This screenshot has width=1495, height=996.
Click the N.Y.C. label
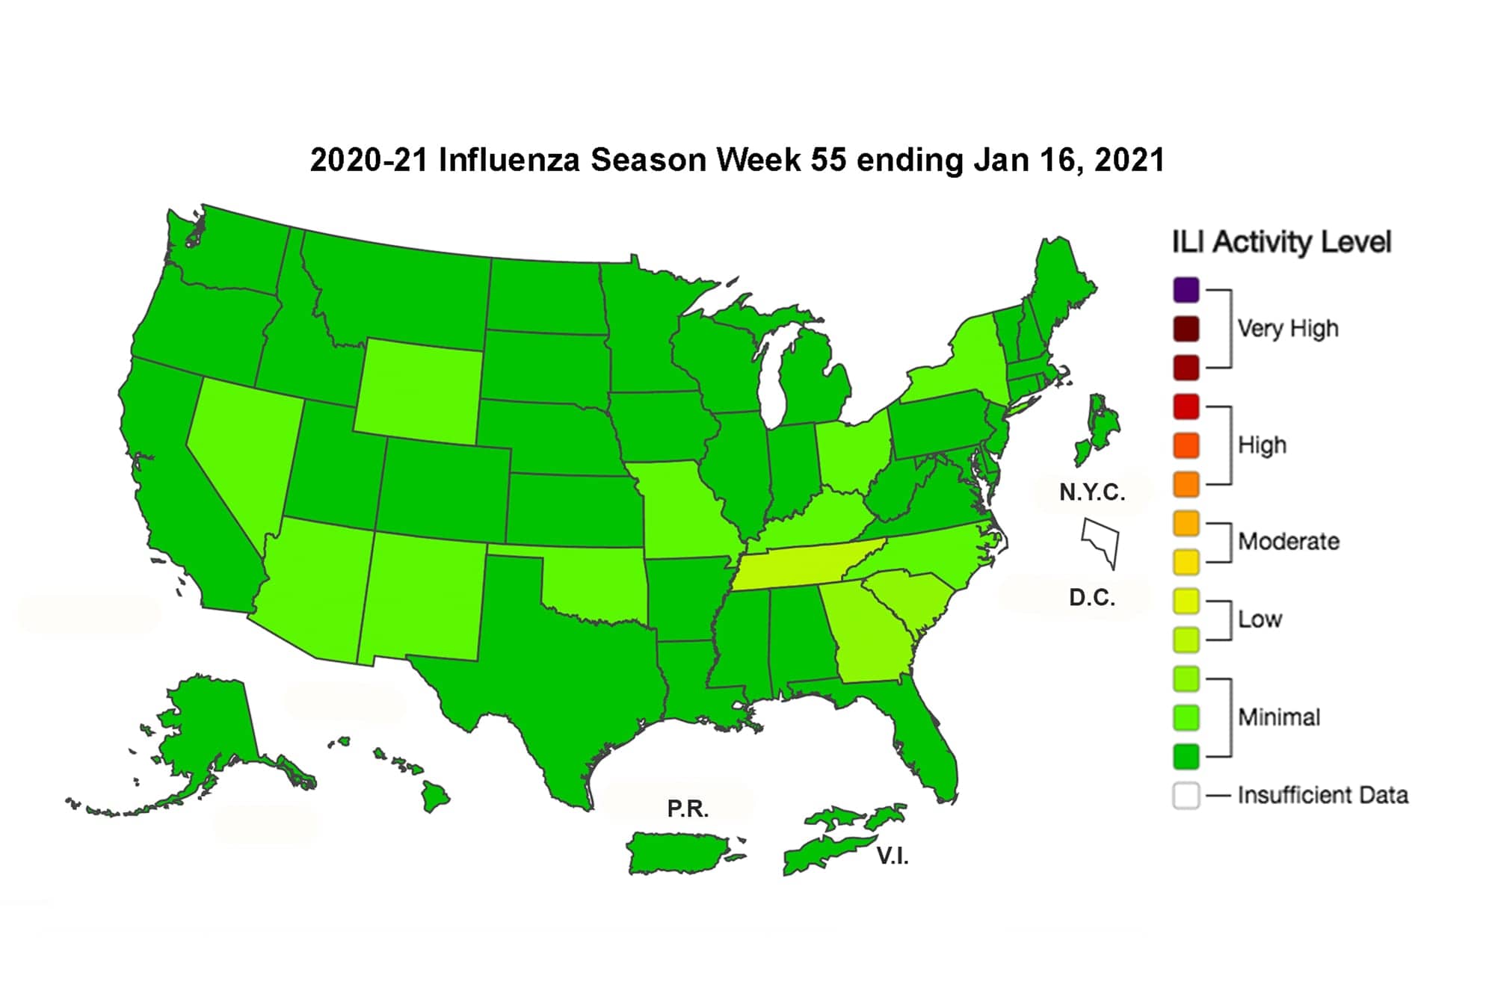(1091, 492)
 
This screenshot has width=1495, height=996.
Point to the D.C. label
(1091, 598)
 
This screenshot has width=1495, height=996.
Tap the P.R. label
(688, 808)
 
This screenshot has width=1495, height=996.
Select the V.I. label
(893, 856)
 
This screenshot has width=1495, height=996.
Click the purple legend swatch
(1186, 290)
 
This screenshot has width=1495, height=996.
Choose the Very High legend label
(1287, 329)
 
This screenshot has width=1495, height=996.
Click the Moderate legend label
(1288, 542)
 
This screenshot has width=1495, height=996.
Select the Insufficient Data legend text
(1322, 795)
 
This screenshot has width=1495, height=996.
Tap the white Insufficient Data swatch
(1186, 796)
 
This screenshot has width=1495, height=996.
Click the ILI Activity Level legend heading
(1280, 242)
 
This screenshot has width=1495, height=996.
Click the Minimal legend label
(1278, 717)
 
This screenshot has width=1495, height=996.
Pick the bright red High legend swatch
(1186, 407)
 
